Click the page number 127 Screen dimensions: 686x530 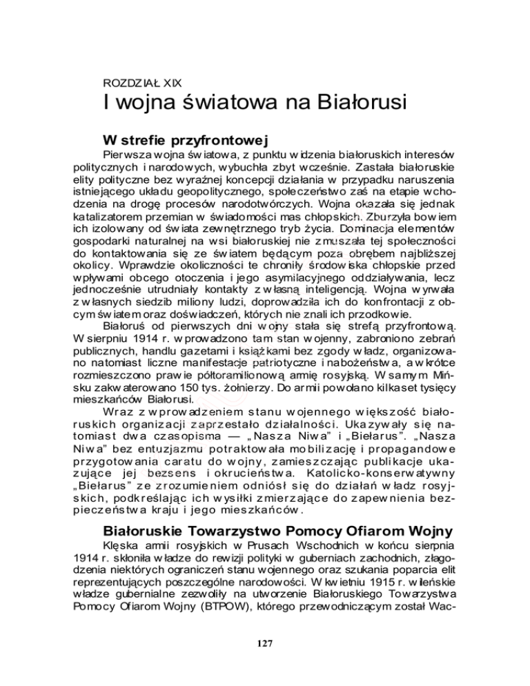pos(264,643)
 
